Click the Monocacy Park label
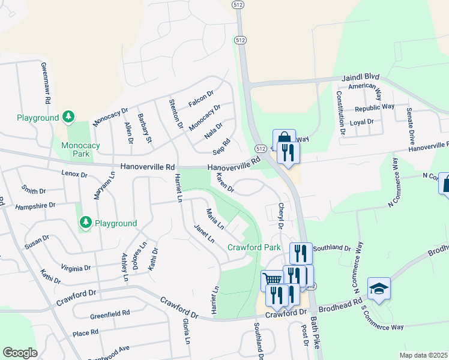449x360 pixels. point(74,149)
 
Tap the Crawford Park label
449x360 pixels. point(254,247)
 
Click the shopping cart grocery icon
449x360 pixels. point(272,280)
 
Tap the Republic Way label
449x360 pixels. point(374,108)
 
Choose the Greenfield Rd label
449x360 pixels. point(110,313)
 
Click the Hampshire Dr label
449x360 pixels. point(35,205)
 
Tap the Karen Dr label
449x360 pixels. point(224,182)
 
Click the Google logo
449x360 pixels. point(20,353)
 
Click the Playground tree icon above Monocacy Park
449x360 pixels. point(69,116)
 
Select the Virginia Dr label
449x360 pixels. point(76,268)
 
